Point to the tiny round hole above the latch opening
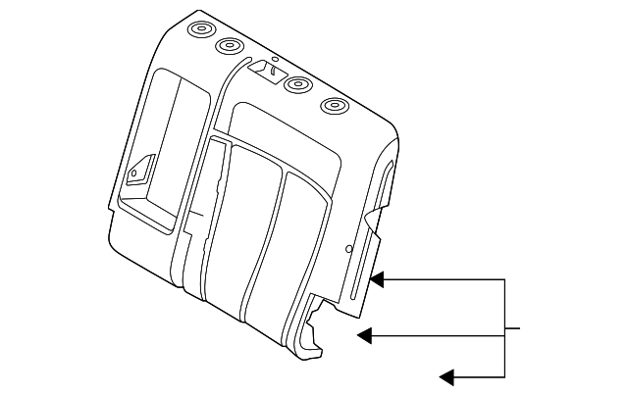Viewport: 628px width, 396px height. [x=276, y=58]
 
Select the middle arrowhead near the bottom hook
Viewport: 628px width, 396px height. [x=364, y=335]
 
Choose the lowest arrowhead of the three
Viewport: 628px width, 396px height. [x=446, y=375]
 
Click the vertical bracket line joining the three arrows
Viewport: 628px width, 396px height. [x=503, y=327]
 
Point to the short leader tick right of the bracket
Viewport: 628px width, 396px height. [x=511, y=327]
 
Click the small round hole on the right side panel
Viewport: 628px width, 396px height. [x=349, y=250]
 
